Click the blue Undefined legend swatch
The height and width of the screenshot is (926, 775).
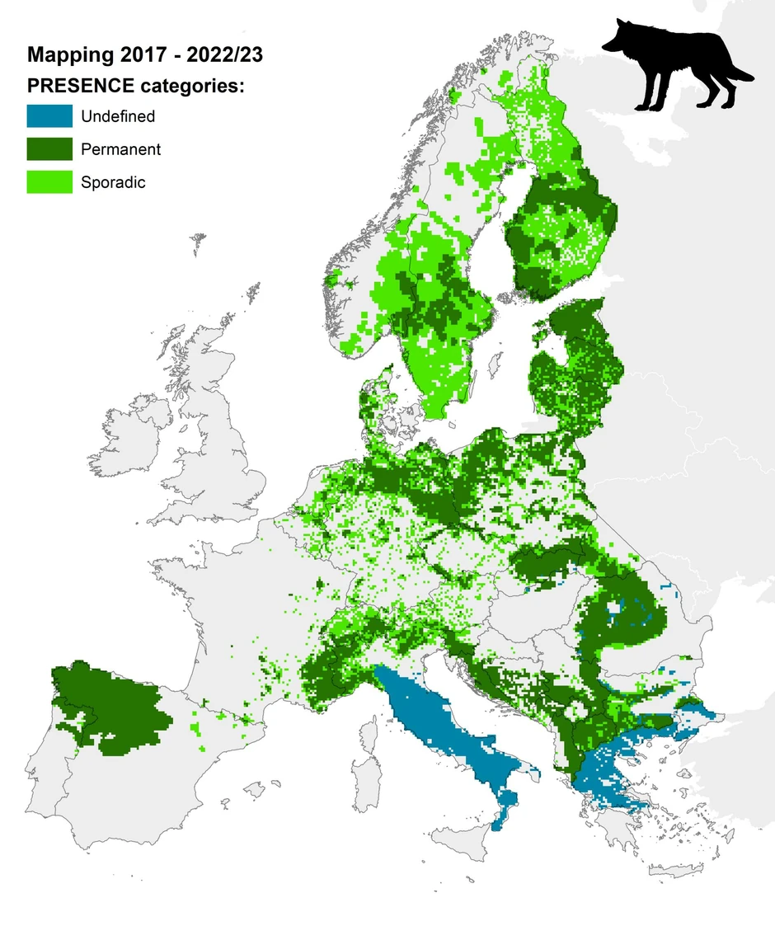pos(49,116)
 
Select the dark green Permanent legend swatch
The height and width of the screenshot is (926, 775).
pos(49,149)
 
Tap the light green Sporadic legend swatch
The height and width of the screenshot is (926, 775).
pos(49,182)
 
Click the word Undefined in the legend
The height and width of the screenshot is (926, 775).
pos(117,116)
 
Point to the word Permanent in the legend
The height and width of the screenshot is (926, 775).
pos(120,149)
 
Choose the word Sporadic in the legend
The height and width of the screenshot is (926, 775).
pos(113,182)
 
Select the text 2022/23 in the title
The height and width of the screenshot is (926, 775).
pos(224,56)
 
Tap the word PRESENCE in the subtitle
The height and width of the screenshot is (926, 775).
pos(81,87)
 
